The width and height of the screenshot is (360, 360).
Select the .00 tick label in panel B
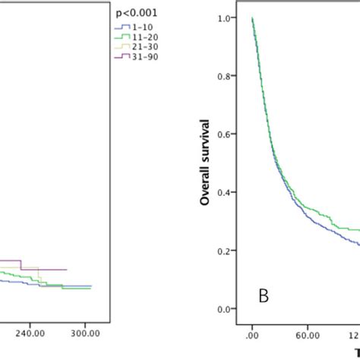click(251, 332)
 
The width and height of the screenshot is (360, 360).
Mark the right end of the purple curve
click(67, 270)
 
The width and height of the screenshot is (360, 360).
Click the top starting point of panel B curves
click(252, 18)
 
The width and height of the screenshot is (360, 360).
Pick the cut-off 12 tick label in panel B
click(354, 332)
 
